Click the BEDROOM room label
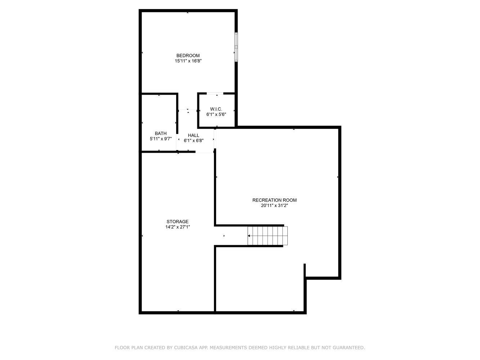pos(188,55)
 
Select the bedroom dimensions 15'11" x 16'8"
pos(188,61)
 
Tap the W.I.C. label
pos(216,109)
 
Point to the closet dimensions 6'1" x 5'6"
pos(216,114)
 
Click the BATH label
pos(161,133)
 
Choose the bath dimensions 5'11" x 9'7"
pos(161,139)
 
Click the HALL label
pos(193,135)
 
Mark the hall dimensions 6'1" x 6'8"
pos(194,141)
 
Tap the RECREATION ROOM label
pos(274,200)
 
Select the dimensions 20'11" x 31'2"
pos(274,206)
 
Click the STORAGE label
pos(178,221)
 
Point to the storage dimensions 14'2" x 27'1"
pos(178,227)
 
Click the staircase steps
pos(268,236)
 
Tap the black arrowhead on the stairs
pos(249,236)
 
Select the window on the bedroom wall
pos(236,47)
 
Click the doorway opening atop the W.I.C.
pos(215,94)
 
